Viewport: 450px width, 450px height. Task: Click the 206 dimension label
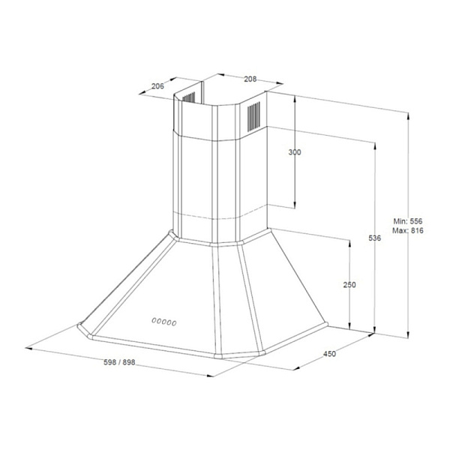click(x=157, y=85)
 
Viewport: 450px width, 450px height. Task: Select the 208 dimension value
click(x=250, y=79)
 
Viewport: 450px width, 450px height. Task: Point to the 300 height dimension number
click(x=295, y=152)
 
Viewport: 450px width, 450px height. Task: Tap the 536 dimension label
click(x=375, y=238)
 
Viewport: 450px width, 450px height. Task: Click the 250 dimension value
click(x=349, y=285)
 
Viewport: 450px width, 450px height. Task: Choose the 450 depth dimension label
click(x=329, y=354)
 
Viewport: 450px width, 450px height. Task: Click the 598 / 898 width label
click(x=119, y=362)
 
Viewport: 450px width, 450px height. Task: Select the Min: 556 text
click(x=408, y=221)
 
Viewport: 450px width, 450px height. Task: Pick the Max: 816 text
click(x=408, y=230)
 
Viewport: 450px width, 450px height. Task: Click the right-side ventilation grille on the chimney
click(x=253, y=116)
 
